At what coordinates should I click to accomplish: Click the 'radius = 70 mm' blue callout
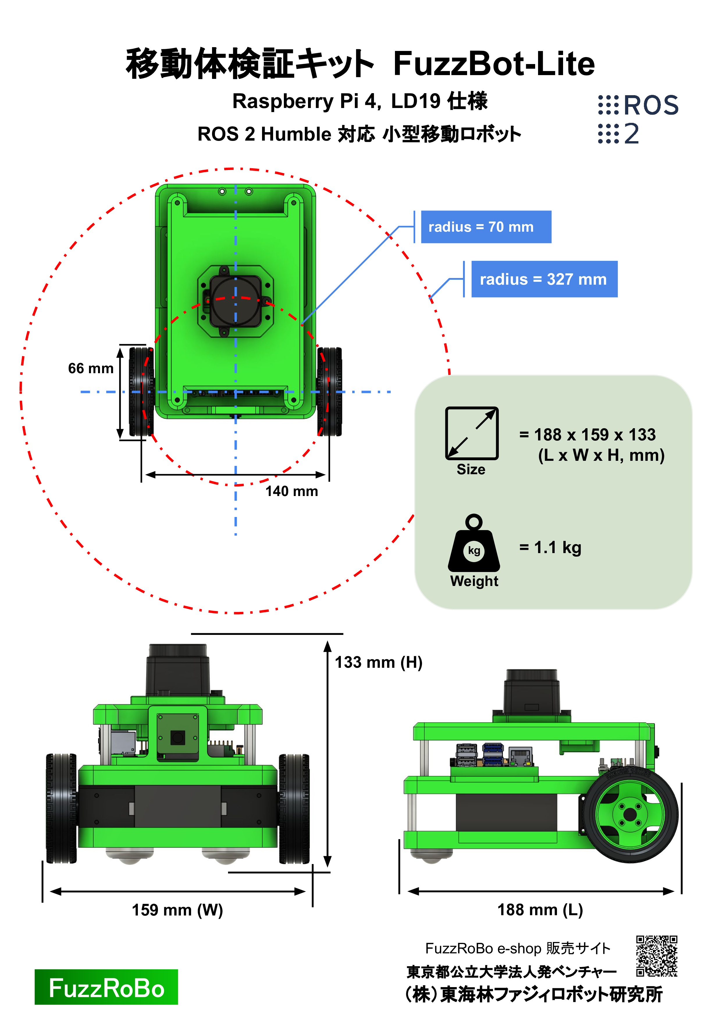tap(486, 227)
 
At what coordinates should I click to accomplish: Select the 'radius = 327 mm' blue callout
tap(544, 279)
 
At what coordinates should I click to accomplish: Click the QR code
tap(657, 956)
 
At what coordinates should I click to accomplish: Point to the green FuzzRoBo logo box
tap(106, 987)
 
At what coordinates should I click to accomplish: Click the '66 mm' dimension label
tap(90, 368)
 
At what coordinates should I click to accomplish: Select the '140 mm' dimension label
tap(292, 491)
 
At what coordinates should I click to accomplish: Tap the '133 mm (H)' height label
tap(378, 662)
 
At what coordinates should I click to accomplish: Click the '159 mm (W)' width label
tap(177, 910)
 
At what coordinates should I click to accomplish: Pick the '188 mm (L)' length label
tap(540, 910)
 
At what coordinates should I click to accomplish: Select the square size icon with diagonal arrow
tap(472, 433)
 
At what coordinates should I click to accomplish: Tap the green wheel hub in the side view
tap(631, 815)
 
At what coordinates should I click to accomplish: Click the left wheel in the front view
tap(61, 809)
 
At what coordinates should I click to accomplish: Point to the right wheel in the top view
tap(330, 392)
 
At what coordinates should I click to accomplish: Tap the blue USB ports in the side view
tap(493, 754)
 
